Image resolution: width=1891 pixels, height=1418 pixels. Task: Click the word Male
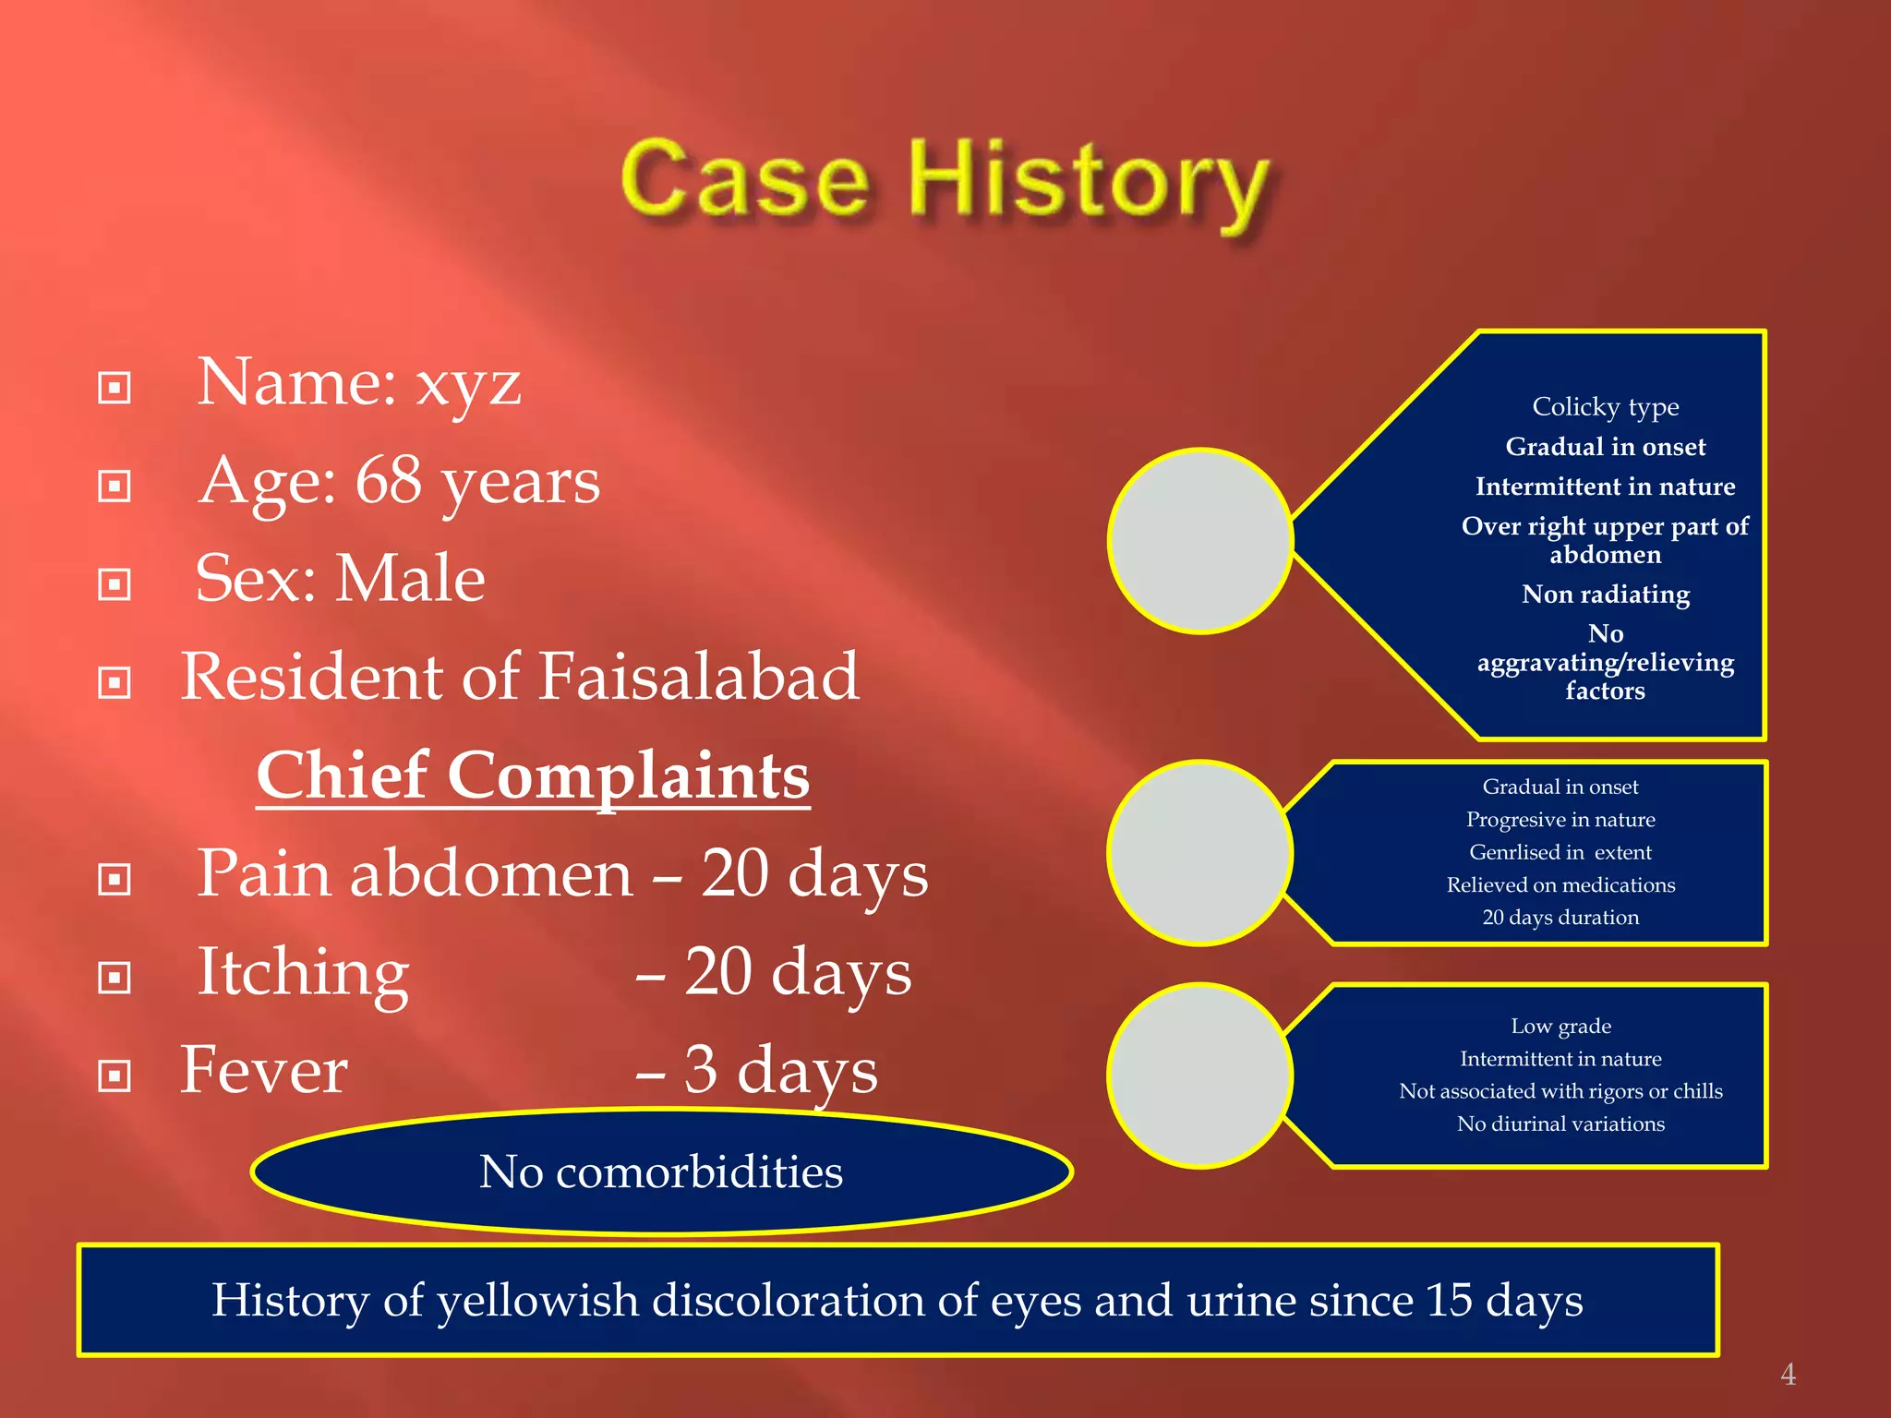[x=410, y=579]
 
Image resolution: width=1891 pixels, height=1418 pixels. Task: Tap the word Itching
[x=303, y=972]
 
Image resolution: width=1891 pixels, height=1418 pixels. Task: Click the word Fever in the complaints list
[x=264, y=1070]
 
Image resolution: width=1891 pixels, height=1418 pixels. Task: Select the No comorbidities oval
[x=661, y=1172]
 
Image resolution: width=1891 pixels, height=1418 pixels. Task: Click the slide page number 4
[x=1788, y=1375]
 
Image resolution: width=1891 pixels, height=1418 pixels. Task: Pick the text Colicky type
[x=1605, y=406]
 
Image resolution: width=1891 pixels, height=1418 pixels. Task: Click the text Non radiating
[x=1605, y=594]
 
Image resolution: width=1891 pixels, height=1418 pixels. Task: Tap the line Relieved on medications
[x=1560, y=884]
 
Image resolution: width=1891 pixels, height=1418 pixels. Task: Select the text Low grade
[x=1560, y=1026]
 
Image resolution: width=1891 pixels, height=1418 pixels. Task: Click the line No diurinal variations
[x=1560, y=1124]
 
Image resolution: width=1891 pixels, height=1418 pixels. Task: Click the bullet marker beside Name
[x=114, y=388]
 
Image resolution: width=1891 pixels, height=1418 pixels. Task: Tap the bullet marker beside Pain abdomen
[x=114, y=879]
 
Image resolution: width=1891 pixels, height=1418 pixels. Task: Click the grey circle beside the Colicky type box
[x=1200, y=541]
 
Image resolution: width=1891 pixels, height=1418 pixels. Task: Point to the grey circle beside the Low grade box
[x=1200, y=1076]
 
